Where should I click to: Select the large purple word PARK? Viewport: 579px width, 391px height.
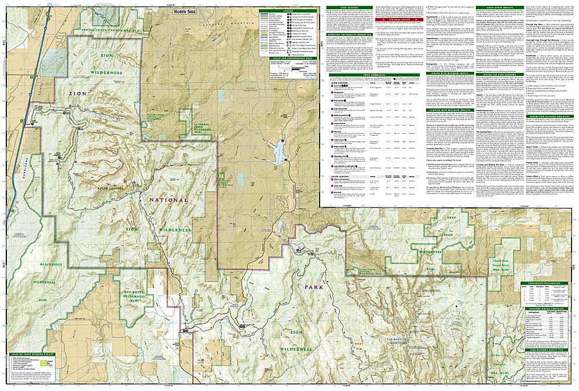pyautogui.click(x=307, y=287)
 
